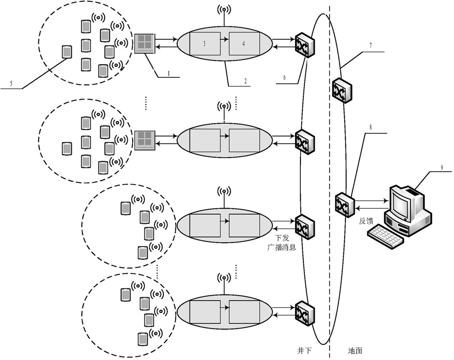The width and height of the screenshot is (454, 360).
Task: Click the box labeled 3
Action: pos(205,44)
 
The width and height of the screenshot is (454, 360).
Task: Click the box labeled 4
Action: pos(244,44)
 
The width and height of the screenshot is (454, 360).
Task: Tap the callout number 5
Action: pos(11,84)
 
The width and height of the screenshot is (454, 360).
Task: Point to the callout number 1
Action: pos(168,73)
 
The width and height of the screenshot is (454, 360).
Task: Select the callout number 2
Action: pos(245,82)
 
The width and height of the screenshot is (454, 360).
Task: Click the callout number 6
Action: pos(284,77)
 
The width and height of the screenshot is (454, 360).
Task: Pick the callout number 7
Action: pos(371,46)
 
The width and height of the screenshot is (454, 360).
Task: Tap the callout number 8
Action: pos(371,127)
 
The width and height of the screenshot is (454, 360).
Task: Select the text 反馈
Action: pos(366,221)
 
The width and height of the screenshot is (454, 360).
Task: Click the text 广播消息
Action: pos(281,248)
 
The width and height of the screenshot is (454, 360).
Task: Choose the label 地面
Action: pos(355,351)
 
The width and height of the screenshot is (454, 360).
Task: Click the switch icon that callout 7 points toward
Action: pos(342,90)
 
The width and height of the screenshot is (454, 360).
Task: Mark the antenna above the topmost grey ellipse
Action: pos(224,14)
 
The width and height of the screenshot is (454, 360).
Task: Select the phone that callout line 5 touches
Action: pos(67,52)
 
